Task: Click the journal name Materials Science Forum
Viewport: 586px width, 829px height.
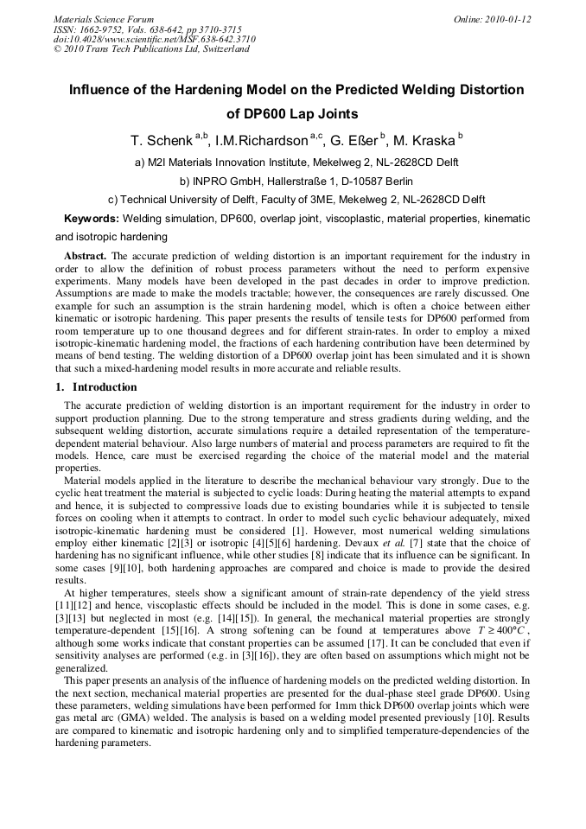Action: point(104,19)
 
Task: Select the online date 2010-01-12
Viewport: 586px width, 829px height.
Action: point(505,19)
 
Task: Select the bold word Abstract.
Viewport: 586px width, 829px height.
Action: point(86,257)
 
